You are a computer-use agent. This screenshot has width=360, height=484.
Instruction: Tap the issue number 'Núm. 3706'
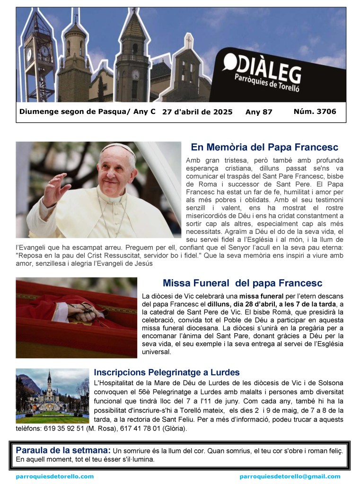tap(315, 112)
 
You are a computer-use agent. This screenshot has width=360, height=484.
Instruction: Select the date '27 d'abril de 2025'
tap(197, 112)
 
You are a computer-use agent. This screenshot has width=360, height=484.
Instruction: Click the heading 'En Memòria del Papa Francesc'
tap(264, 147)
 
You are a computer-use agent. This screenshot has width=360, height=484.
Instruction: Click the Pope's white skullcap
tap(117, 148)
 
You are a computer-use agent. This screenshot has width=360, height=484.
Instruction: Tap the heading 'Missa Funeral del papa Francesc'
tap(242, 283)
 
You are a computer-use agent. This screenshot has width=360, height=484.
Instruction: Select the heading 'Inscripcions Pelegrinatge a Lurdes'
tap(167, 372)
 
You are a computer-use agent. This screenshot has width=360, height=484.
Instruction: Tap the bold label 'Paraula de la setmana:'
tap(63, 450)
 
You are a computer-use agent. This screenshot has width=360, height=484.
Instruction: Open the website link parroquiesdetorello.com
tap(55, 476)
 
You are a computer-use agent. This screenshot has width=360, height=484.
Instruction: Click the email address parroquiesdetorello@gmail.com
tap(290, 476)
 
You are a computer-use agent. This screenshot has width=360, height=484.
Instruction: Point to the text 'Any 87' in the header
tap(259, 112)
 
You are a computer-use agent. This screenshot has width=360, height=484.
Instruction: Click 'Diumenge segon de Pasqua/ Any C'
tap(88, 112)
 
